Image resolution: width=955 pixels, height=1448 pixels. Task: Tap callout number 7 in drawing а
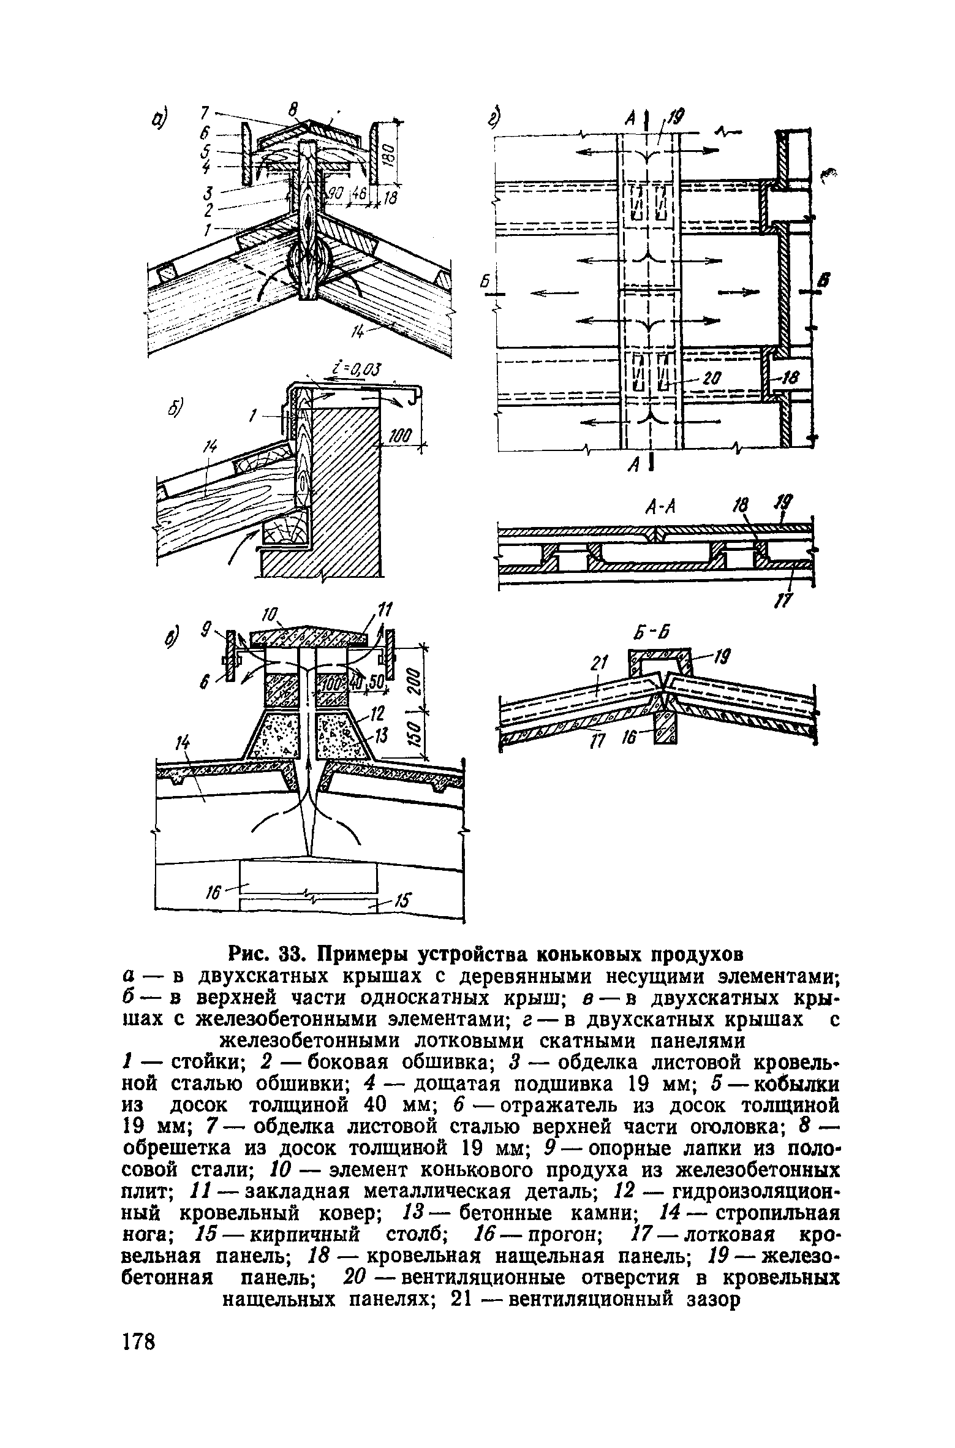click(x=205, y=111)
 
